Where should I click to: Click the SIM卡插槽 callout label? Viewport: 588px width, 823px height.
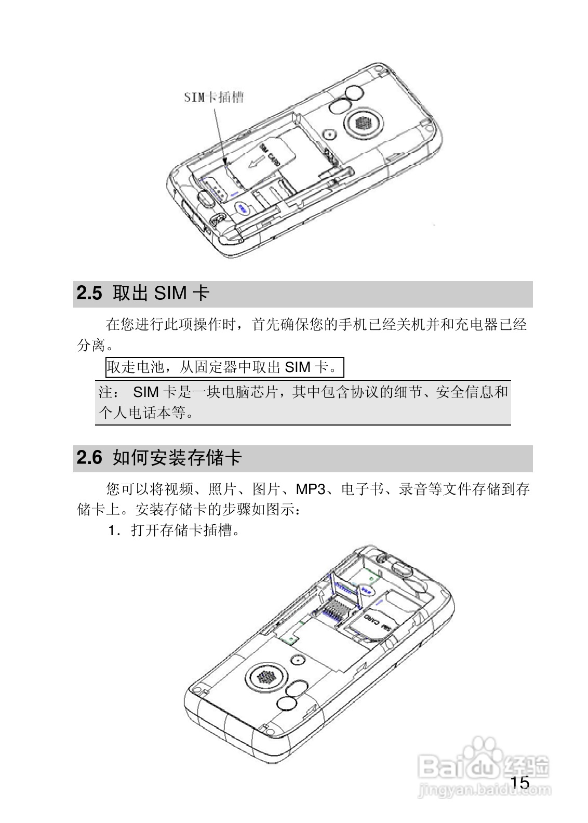point(214,97)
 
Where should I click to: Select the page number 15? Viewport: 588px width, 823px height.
point(519,782)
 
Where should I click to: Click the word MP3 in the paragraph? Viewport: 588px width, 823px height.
point(311,489)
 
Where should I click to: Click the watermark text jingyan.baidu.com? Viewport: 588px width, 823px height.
point(484,792)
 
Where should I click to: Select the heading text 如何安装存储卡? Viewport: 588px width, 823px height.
point(177,458)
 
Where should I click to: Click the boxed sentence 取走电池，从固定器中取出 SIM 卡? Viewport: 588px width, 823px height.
point(224,368)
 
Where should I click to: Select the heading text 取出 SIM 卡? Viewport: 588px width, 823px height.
point(161,294)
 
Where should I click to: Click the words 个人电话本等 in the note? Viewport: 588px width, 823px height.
point(142,414)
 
